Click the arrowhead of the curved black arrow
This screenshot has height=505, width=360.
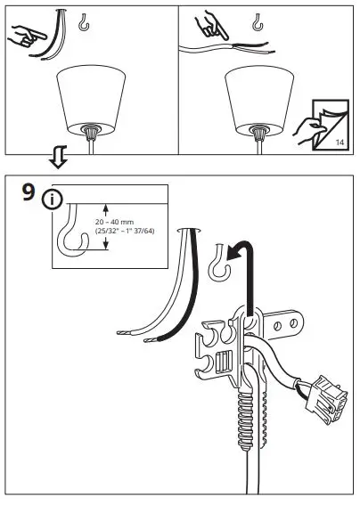coord(228,254)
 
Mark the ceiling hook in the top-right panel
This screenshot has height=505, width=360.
coord(261,25)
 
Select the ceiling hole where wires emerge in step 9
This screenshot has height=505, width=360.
coord(188,230)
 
